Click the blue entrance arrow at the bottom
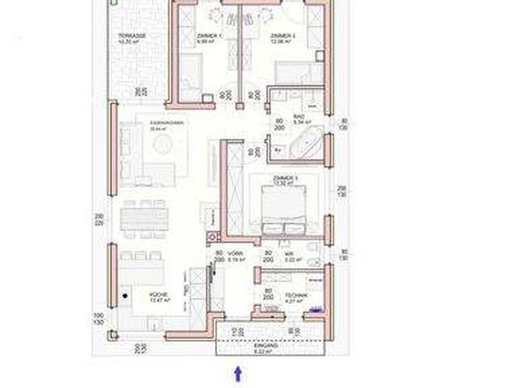[237, 373]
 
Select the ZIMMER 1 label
[205, 36]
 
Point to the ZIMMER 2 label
[281, 36]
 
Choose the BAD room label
[298, 117]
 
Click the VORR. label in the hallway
[237, 255]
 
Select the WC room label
[289, 255]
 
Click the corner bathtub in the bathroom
[307, 146]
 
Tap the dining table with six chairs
[145, 217]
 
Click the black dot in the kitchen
[124, 296]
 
